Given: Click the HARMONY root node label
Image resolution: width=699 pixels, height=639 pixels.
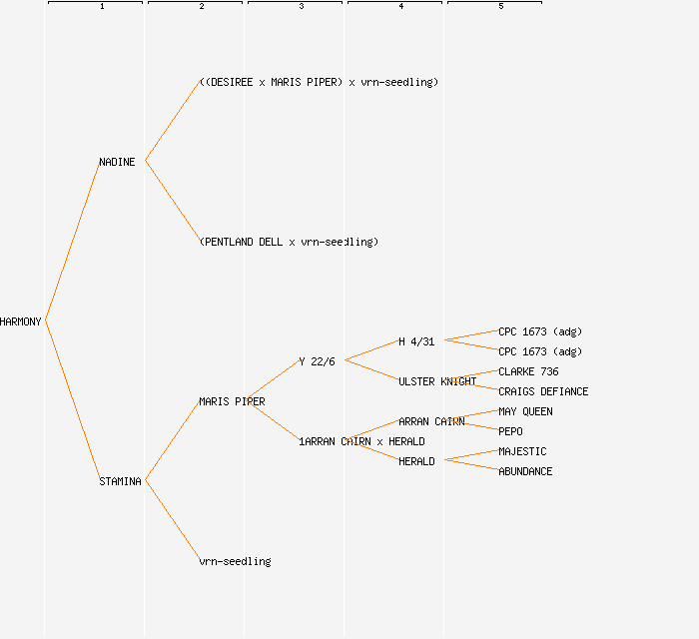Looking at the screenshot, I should click(21, 321).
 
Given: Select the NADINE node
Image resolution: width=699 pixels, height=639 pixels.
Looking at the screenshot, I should click(117, 162).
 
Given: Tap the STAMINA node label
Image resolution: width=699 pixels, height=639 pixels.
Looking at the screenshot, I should click(120, 481).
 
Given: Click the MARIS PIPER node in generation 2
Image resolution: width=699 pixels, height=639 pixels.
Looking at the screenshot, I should click(232, 401).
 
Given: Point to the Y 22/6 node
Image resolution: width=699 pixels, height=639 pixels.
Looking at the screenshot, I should click(318, 361).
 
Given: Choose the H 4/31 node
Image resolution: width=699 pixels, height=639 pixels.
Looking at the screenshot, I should click(416, 341).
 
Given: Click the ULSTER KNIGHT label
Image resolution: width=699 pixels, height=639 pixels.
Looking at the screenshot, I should click(437, 381).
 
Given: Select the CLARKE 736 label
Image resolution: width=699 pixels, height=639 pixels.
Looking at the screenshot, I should click(528, 371).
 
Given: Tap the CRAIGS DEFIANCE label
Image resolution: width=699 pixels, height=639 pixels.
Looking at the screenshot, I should click(543, 391).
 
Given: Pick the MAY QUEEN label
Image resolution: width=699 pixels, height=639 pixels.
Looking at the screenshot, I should click(525, 411).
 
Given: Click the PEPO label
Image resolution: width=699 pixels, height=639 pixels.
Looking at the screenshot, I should click(510, 431).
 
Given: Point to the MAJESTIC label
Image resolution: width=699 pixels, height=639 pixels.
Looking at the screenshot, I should click(522, 451).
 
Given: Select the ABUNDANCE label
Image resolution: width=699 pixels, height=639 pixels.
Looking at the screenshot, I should click(525, 471).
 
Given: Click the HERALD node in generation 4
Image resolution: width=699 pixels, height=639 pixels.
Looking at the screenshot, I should click(416, 461).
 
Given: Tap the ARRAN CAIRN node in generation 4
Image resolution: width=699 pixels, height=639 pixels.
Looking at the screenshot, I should click(431, 421).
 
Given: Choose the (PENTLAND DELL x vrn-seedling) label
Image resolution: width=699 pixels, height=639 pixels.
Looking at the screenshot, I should click(289, 242).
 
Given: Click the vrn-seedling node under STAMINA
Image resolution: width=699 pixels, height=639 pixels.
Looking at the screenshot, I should click(235, 561).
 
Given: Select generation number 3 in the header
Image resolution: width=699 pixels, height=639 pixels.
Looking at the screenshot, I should click(301, 7).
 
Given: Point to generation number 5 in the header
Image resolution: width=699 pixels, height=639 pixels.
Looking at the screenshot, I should click(500, 7).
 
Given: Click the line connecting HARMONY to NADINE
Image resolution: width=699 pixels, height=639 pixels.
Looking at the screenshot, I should click(72, 242).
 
